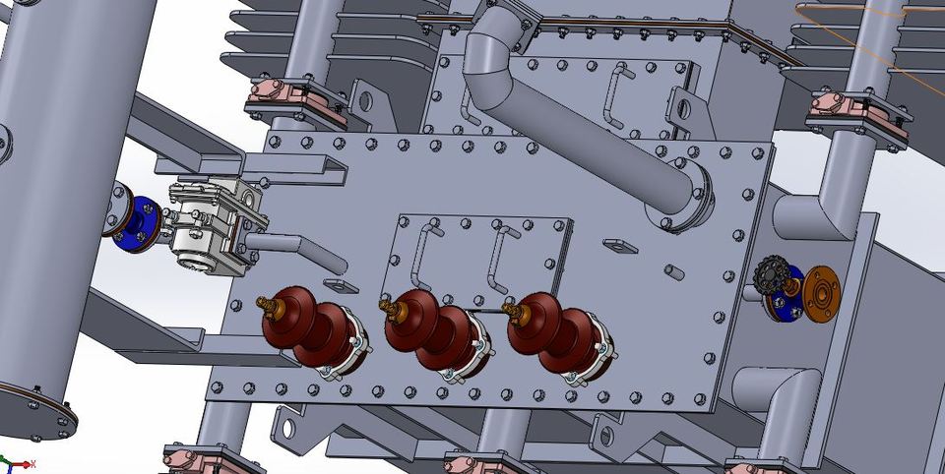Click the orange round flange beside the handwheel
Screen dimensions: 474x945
[822, 292]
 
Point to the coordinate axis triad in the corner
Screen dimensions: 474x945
[14, 463]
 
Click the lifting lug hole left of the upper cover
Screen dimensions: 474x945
[362, 100]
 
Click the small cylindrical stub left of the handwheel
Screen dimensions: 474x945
[673, 270]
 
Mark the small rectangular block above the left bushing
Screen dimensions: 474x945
[340, 286]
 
